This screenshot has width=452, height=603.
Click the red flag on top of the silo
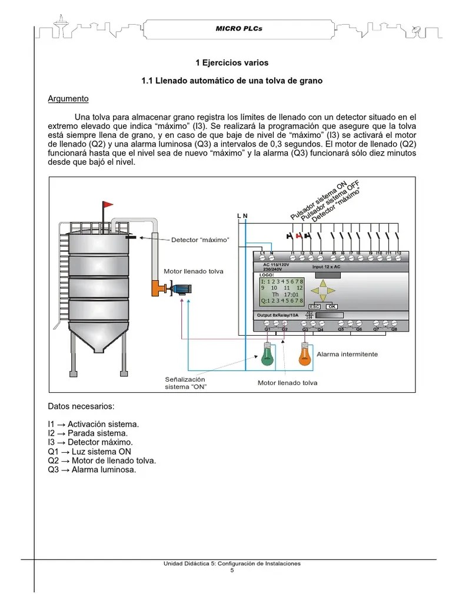coord(107,205)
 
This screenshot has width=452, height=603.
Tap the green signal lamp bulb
coord(268,355)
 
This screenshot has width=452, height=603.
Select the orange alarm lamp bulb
coord(304,356)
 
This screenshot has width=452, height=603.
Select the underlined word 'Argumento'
coord(68,99)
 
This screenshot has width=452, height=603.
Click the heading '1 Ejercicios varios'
coord(231,62)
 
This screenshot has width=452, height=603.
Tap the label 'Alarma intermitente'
coord(347,354)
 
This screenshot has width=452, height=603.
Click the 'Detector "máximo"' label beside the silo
coord(200,240)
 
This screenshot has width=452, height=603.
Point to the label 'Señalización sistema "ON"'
coord(185,383)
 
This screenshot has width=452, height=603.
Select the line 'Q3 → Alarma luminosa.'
coord(92,470)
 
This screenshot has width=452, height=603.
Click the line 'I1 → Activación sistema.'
coord(94,424)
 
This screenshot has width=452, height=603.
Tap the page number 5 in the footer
coord(232,571)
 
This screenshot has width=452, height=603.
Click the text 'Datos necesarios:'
coord(81,406)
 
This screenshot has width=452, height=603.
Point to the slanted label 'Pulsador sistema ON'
coord(317,201)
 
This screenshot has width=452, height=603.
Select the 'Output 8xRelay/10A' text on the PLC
coord(278,316)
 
